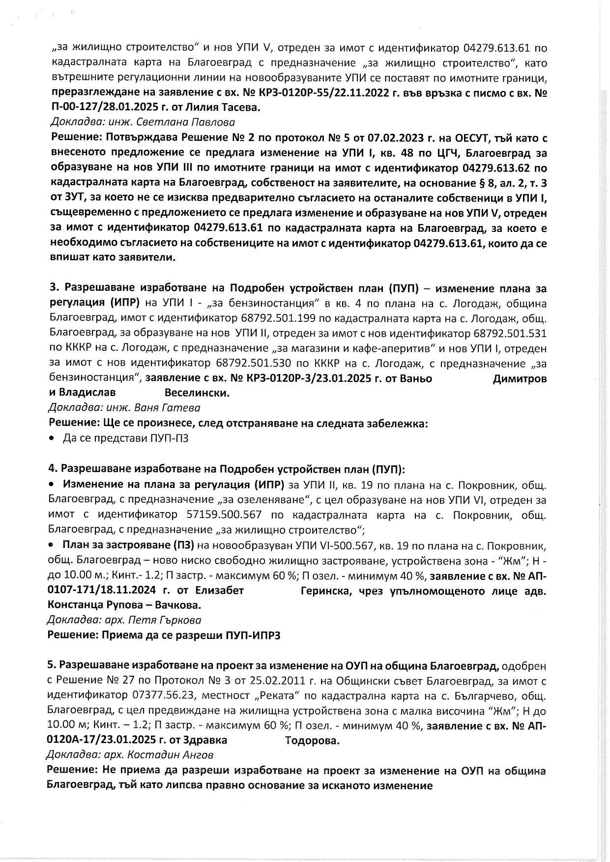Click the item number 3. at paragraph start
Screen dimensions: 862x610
(x=55, y=288)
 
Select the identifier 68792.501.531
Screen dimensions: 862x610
(x=510, y=334)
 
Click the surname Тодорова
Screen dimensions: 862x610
(x=312, y=741)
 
